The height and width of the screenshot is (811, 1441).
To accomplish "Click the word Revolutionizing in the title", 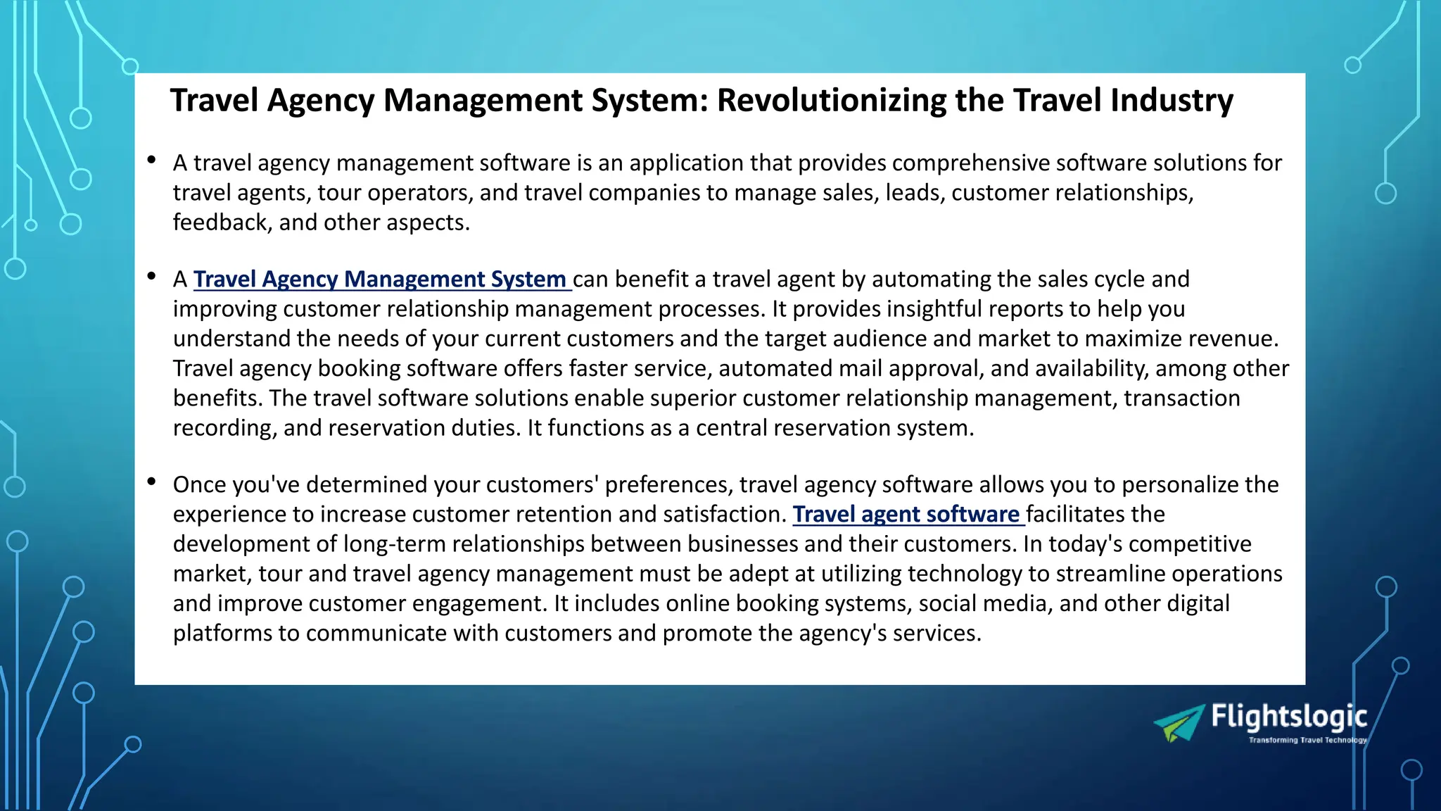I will (831, 101).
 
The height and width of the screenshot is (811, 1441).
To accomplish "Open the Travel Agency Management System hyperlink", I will (380, 279).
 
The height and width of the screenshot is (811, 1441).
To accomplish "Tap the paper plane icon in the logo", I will (1179, 724).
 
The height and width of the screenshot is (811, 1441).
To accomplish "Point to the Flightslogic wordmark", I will (1288, 717).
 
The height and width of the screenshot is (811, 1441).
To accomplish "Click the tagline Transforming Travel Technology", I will (1307, 740).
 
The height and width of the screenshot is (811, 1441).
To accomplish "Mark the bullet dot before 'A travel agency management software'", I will (151, 161).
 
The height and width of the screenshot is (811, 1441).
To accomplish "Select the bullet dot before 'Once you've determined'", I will (151, 482).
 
